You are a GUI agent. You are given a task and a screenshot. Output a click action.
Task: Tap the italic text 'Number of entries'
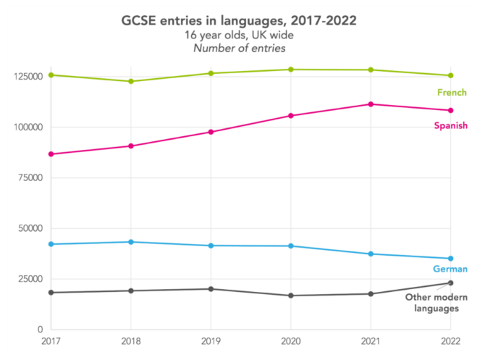point(242,49)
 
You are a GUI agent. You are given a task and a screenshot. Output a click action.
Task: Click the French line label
point(452,93)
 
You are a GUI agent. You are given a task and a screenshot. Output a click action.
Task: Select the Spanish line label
point(450,126)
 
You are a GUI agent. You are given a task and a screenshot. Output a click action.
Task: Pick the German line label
point(450,269)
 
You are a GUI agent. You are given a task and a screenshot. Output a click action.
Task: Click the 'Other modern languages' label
point(436,303)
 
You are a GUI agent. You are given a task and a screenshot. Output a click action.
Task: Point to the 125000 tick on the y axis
point(28,76)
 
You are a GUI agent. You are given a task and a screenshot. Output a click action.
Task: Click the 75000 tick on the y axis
point(30,177)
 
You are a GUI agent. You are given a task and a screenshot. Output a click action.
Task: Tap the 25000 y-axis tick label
point(30,279)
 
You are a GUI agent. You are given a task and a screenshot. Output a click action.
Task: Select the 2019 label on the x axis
point(211,340)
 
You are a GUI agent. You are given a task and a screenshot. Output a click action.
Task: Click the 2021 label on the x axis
point(371,340)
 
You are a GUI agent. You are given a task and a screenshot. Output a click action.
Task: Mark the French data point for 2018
point(131,81)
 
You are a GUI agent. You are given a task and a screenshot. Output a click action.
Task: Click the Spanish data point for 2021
point(371,104)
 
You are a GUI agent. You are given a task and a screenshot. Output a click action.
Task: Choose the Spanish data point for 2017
point(51,154)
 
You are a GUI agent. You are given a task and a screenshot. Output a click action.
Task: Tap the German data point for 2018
point(131,242)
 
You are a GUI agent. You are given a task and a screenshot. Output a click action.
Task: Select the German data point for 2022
point(450,259)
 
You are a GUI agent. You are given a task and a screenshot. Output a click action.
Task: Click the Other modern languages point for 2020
point(291,296)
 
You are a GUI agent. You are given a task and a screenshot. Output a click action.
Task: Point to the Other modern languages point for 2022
point(450,283)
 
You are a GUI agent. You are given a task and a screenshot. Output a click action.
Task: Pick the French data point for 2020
point(291,70)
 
